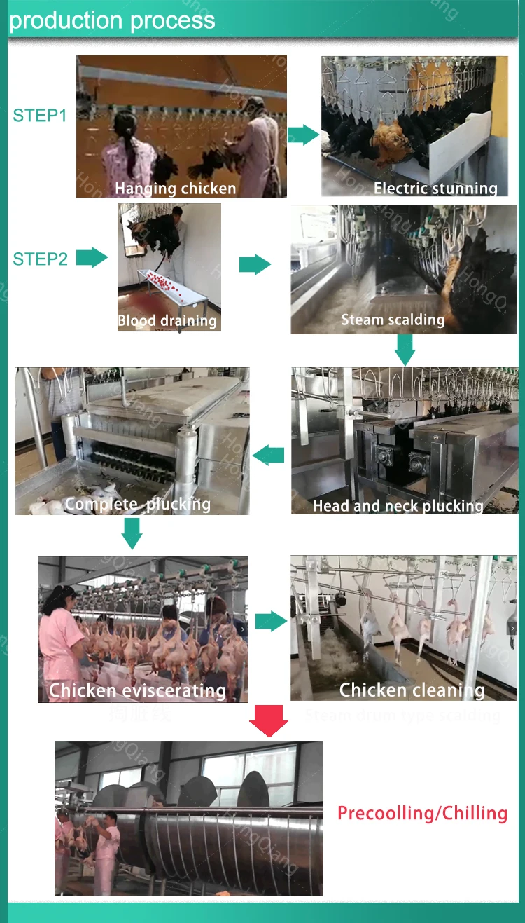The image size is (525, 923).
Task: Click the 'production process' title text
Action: pos(112,20)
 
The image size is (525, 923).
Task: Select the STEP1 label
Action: pos(40,116)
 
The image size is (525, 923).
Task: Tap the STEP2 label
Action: pos(40,259)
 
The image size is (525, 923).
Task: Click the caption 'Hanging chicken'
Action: pos(175,188)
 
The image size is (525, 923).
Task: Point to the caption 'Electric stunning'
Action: pos(435,188)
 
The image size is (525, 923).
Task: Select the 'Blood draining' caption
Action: pos(167,321)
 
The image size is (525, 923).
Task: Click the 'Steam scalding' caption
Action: pos(393,320)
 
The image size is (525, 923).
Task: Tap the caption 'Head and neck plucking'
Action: pos(398,505)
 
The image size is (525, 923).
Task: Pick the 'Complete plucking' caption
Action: pos(137,504)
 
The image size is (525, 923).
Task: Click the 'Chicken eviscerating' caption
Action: pos(137,690)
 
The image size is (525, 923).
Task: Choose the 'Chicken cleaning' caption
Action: pos(412,690)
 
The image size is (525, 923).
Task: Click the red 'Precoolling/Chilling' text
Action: pos(422,813)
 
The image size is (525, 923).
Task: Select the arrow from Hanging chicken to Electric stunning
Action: pos(303,135)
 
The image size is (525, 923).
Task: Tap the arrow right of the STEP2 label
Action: pos(92,258)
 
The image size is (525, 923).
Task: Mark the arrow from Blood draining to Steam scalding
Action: pos(255,265)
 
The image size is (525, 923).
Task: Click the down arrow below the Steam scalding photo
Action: pos(405,349)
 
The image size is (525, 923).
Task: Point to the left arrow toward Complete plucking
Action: pos(269,456)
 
